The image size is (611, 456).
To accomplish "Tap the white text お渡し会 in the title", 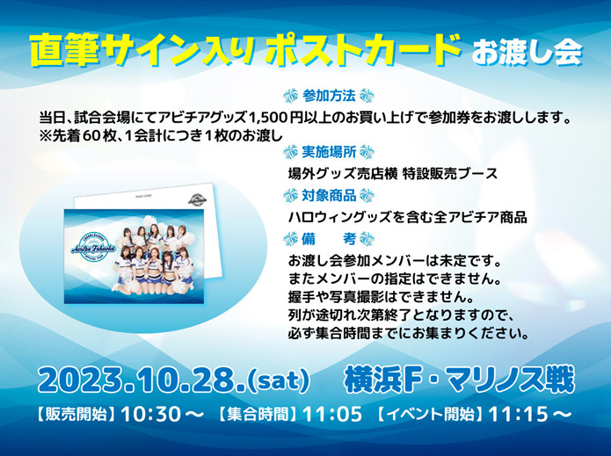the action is pyautogui.click(x=527, y=53).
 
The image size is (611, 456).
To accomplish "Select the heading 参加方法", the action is pyautogui.click(x=329, y=96).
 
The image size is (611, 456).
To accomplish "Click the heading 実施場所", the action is pyautogui.click(x=329, y=152).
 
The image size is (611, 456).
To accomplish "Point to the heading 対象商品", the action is pyautogui.click(x=329, y=195).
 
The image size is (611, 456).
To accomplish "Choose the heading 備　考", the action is pyautogui.click(x=329, y=239).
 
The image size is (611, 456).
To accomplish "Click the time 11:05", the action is pyautogui.click(x=332, y=415).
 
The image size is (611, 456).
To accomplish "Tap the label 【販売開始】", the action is pyautogui.click(x=77, y=415).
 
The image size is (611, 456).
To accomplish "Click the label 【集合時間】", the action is pyautogui.click(x=258, y=415).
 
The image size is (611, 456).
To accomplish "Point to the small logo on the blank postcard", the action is pyautogui.click(x=198, y=199).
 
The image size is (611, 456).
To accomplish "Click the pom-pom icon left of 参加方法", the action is pyautogui.click(x=290, y=96).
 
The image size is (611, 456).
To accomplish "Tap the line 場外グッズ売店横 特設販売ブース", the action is pyautogui.click(x=393, y=174).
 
